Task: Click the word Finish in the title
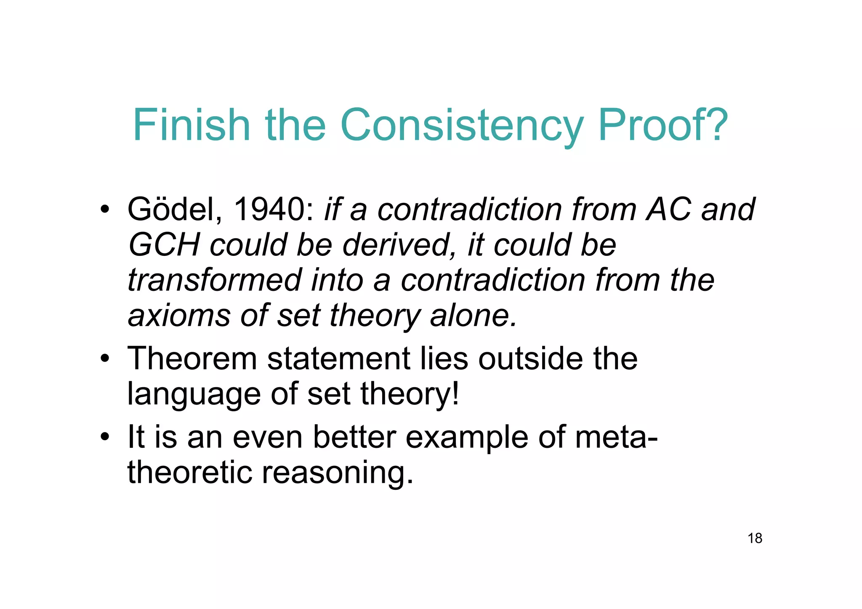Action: [x=192, y=125]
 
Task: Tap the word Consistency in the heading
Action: [x=462, y=126]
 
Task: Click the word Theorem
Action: [x=192, y=359]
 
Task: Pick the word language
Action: [x=194, y=395]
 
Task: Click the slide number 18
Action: [x=755, y=538]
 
